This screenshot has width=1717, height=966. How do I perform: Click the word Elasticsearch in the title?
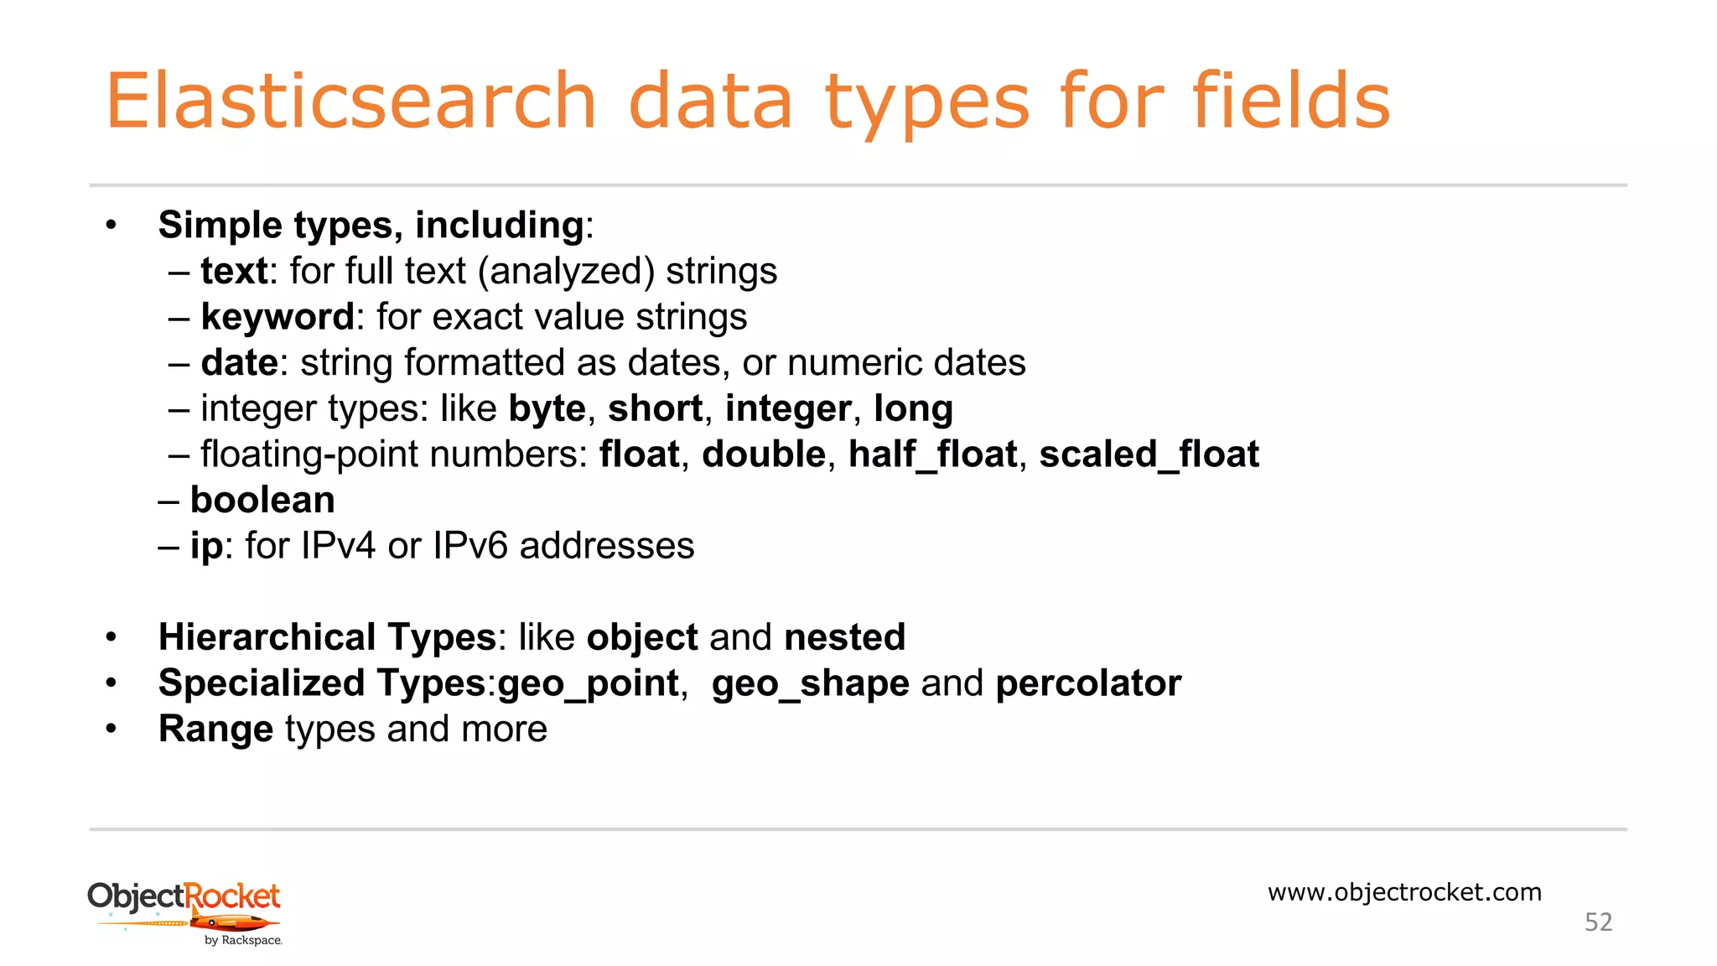[350, 101]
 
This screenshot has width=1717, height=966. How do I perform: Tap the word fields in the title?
[1291, 101]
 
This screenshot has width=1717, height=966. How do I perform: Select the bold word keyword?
[278, 318]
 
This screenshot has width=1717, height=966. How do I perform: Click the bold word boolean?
[262, 501]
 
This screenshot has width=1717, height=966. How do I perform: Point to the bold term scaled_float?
[1149, 455]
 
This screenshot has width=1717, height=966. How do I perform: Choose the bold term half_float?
[932, 455]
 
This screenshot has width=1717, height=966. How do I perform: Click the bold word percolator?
[1088, 683]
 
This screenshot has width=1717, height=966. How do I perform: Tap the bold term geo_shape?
[810, 684]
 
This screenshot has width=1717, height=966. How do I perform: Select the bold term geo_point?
[588, 684]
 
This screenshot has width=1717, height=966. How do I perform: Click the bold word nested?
[844, 637]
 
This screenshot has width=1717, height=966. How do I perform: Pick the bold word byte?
[547, 409]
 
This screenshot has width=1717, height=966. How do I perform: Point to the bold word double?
[764, 454]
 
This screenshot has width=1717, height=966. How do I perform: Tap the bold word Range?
[215, 730]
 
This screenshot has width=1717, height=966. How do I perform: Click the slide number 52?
[1598, 922]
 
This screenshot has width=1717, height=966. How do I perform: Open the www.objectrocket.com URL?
[1404, 892]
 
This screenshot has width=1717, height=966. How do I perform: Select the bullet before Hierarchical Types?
[111, 637]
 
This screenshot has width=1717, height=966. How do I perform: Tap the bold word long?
[913, 409]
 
